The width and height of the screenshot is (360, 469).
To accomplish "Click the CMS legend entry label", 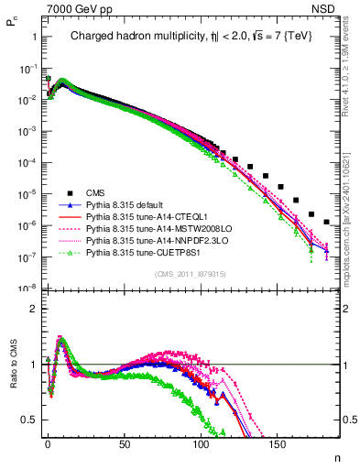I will (x=94, y=192).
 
